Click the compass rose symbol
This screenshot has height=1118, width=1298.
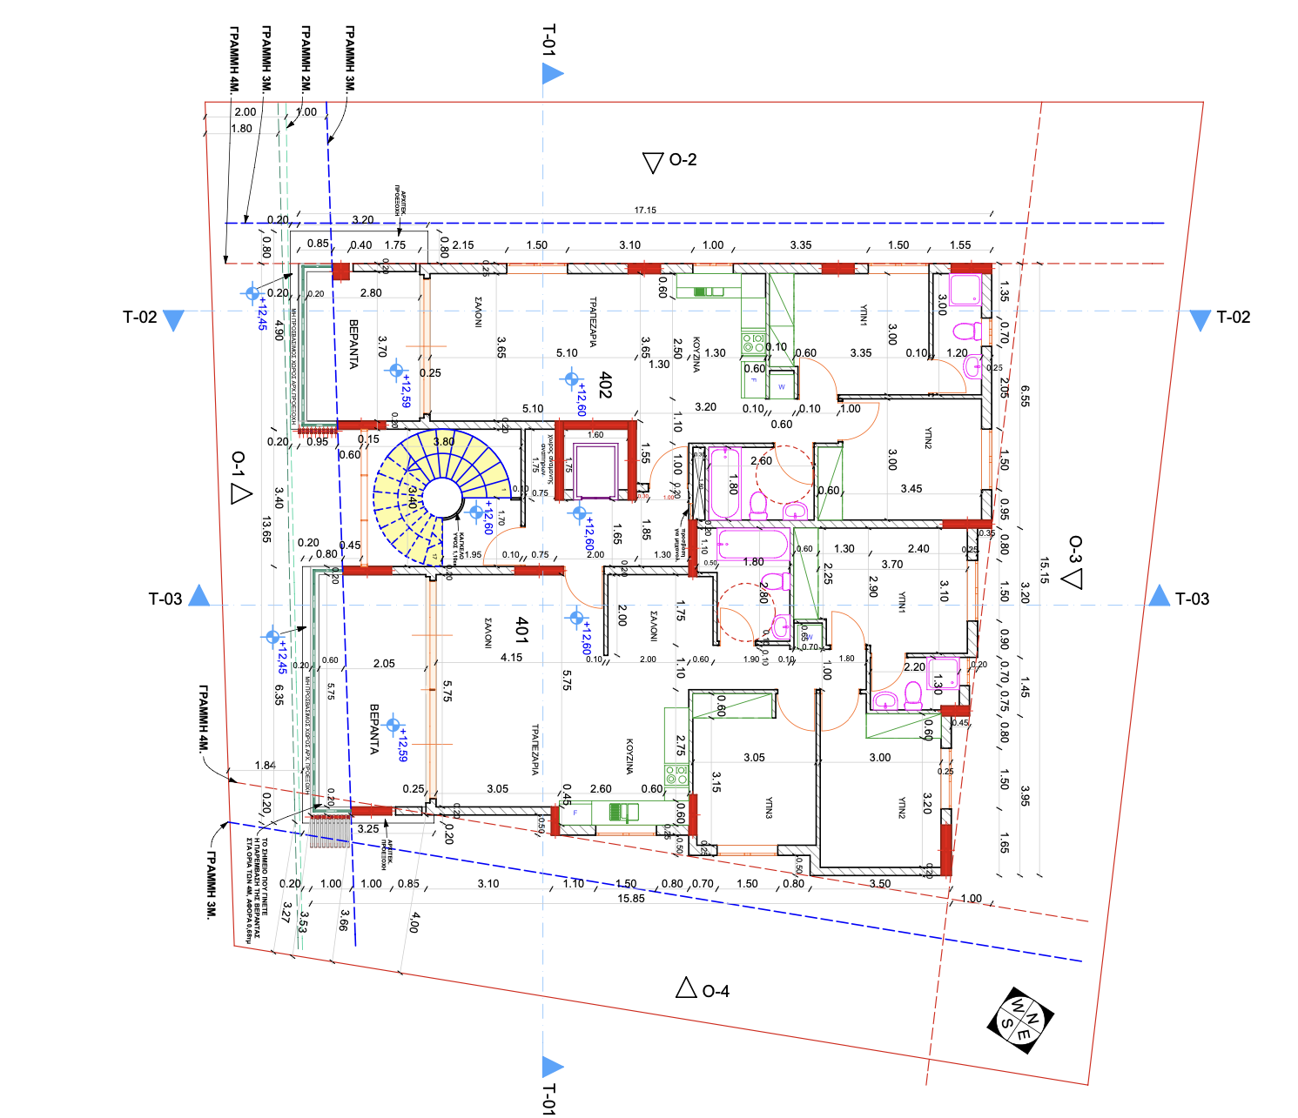coord(1019,1020)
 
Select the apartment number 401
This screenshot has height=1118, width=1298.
coord(521,630)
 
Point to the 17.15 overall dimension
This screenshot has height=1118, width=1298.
coord(645,210)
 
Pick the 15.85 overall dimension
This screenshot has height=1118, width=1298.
coord(631,899)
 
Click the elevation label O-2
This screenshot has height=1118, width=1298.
coord(682,160)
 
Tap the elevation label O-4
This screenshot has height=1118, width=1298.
coord(715,991)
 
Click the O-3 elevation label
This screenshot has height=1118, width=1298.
coord(1075,550)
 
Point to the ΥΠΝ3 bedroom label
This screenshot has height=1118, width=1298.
coord(769,808)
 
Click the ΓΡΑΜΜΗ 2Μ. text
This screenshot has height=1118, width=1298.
coord(306,59)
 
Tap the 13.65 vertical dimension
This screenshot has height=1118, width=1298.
coord(266,530)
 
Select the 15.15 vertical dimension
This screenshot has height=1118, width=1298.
coord(1044,571)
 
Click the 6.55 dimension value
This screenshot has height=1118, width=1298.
coord(1025,397)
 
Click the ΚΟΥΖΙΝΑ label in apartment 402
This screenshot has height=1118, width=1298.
coord(696,355)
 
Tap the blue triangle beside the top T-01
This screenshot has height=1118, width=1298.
coord(552,74)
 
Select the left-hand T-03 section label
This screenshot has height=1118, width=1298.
coord(165,599)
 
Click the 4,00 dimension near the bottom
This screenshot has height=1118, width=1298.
coord(414,922)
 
